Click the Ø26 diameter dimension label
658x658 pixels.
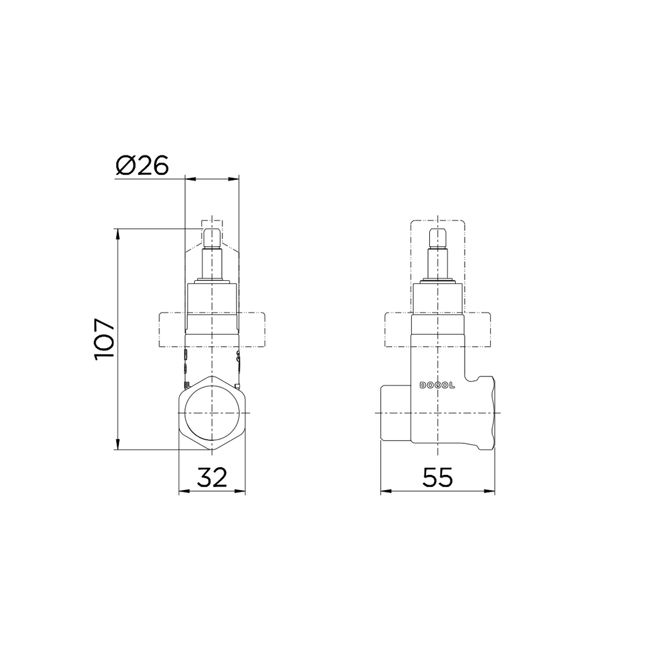click(x=142, y=165)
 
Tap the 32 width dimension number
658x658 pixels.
click(x=212, y=477)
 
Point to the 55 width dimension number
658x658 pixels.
click(x=438, y=477)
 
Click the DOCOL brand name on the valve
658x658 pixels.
click(x=437, y=386)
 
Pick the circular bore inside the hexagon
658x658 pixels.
click(x=212, y=413)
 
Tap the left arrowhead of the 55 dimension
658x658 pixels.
click(x=386, y=492)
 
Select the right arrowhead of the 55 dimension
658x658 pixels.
click(x=489, y=492)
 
